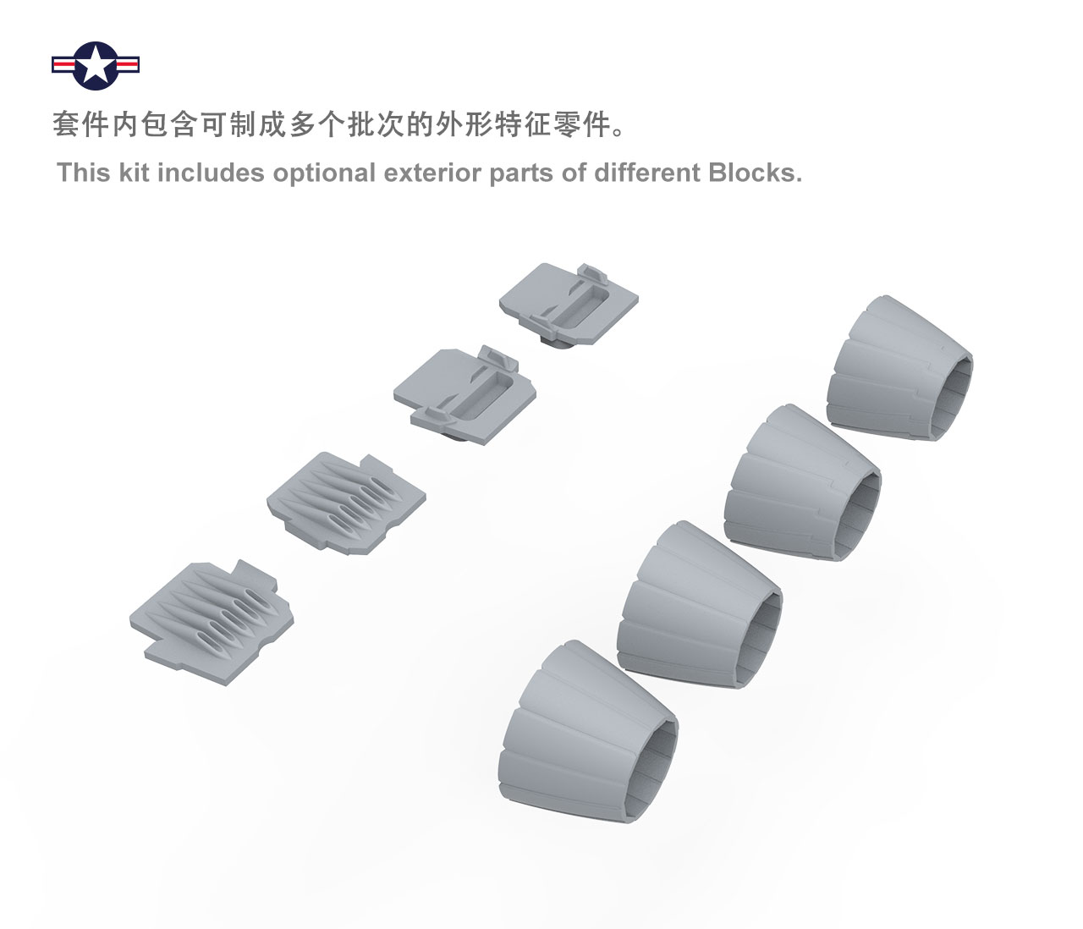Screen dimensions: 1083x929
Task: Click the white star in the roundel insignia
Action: tap(96, 65)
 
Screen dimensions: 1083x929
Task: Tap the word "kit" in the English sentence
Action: tap(135, 173)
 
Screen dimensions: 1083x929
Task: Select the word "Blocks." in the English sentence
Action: tap(755, 173)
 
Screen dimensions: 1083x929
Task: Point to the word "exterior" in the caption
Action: tap(433, 173)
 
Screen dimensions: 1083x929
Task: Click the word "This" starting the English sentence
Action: tap(84, 173)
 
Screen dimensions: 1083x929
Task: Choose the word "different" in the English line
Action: tap(647, 173)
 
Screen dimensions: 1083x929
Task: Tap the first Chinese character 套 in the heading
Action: tap(65, 124)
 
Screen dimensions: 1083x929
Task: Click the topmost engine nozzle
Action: tap(899, 368)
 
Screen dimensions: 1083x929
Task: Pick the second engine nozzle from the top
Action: tap(803, 482)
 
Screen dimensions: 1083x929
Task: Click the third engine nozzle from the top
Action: tap(700, 604)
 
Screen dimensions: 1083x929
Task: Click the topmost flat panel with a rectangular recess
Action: tap(569, 304)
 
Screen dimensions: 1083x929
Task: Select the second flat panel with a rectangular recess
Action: tap(465, 395)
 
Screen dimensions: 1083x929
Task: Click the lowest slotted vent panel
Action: tap(212, 622)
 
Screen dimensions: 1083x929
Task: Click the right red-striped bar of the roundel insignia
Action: tap(127, 65)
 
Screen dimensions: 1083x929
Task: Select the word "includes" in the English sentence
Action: tap(211, 173)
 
